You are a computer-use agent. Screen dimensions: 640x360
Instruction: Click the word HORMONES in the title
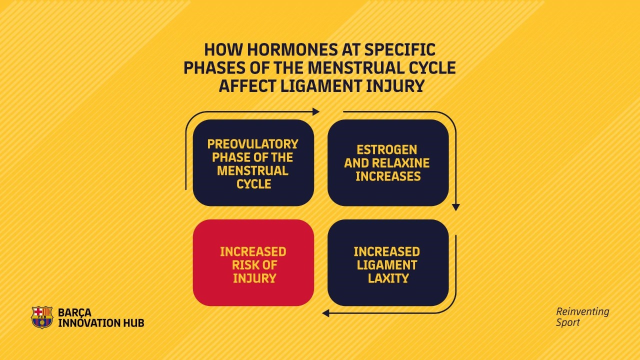pos(292,49)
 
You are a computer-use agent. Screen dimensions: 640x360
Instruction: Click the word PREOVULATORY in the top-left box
pos(253,144)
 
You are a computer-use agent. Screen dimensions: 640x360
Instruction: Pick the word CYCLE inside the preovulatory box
pos(253,184)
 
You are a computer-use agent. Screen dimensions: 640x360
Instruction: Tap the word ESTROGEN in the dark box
pos(387,149)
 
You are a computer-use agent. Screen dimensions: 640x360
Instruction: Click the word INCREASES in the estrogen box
pos(388,176)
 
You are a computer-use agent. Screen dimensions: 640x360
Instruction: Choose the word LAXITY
pos(388,278)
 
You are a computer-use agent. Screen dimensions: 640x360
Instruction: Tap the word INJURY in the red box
pos(254,278)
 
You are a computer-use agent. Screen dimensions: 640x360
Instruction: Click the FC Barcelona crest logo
pos(42,317)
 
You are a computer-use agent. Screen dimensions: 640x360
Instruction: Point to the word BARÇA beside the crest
pos(75,312)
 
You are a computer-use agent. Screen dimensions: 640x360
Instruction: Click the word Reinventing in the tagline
pos(583,311)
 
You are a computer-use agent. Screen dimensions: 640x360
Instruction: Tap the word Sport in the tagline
pos(567,322)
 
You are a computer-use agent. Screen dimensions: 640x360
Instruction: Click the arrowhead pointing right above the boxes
pos(315,111)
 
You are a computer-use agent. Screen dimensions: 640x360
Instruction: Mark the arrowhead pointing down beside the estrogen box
pos(456,207)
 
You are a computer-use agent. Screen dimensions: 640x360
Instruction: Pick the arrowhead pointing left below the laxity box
pos(325,313)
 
